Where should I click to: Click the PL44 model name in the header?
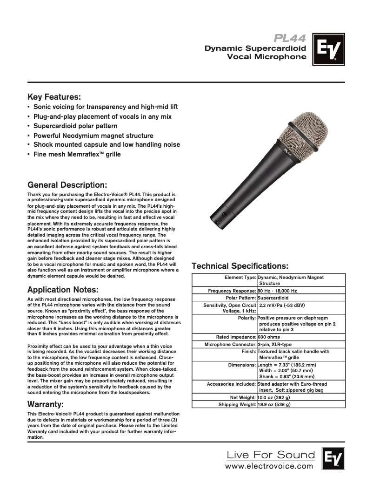click(x=290, y=38)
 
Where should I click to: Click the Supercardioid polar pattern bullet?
click(x=75, y=126)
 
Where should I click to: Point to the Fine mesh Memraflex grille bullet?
click(x=77, y=154)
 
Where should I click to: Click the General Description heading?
click(x=67, y=184)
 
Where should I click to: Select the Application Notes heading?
click(x=63, y=289)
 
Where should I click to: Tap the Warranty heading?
click(x=46, y=403)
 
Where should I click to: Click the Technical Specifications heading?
click(x=240, y=266)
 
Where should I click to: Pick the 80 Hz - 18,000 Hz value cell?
click(x=278, y=291)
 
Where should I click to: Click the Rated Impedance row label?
click(x=236, y=336)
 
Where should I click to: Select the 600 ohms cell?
click(x=270, y=336)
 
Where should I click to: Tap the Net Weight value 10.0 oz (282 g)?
click(x=274, y=397)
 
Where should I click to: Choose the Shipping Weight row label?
click(x=237, y=405)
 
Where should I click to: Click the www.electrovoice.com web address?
click(x=269, y=465)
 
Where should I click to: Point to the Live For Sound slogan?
click(x=270, y=454)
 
